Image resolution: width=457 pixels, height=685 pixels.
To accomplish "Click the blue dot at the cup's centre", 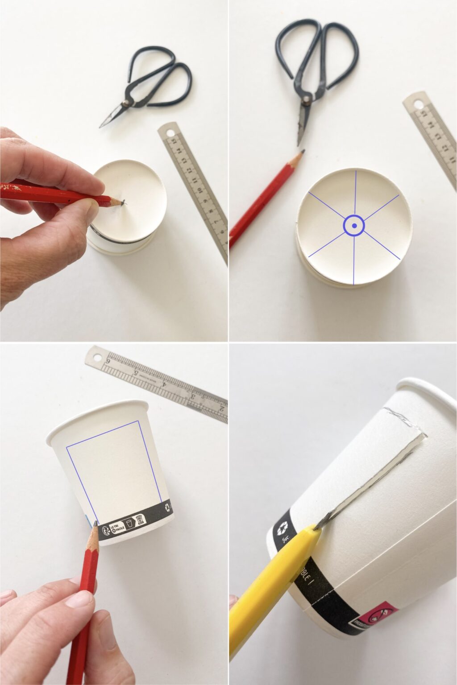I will [354, 226].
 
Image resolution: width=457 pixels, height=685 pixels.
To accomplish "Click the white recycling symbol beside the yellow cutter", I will [283, 529].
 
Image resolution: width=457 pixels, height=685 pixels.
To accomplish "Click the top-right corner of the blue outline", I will [138, 421].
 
